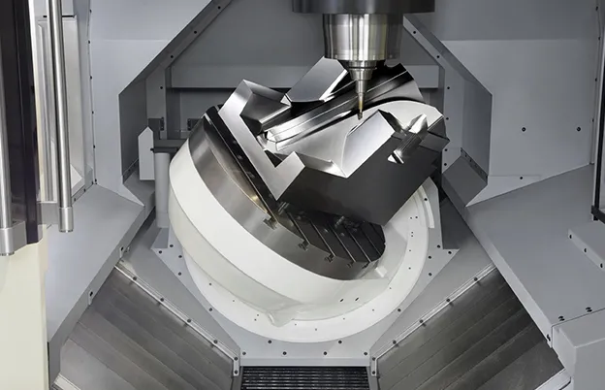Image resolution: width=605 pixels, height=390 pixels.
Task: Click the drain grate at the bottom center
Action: pos(304,377)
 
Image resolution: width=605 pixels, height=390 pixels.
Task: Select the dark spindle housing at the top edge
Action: pos(361,6)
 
